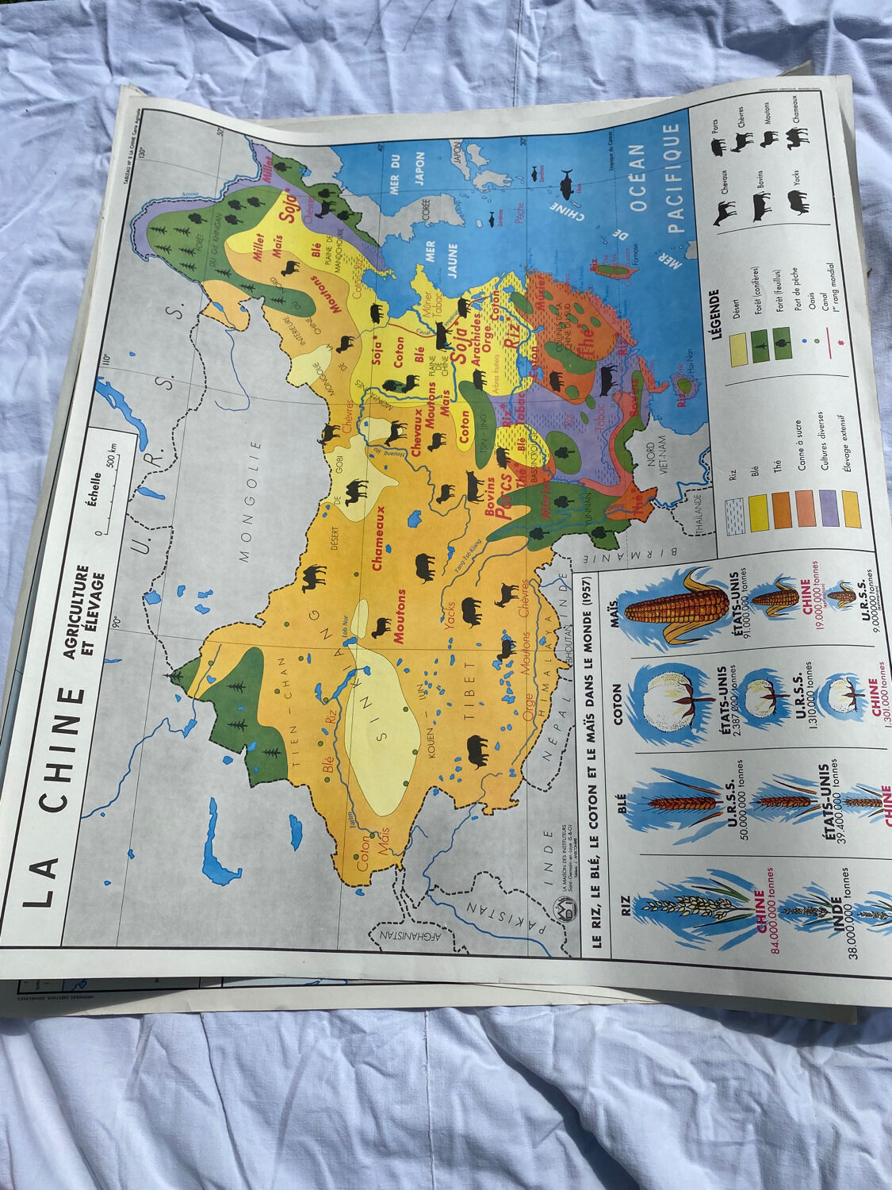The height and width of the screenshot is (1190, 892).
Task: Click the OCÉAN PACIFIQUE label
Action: tap(657, 178)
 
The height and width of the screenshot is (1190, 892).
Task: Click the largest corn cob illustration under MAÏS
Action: tap(676, 607)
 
